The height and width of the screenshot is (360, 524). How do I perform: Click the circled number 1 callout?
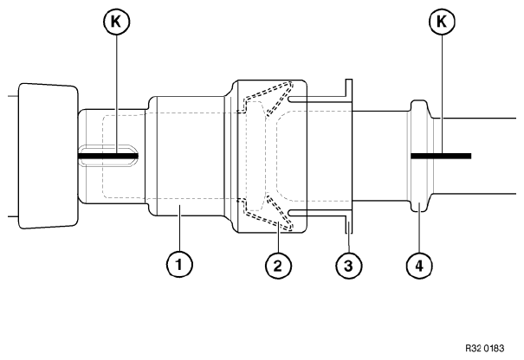click(178, 265)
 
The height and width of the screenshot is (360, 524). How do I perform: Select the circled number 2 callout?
click(277, 265)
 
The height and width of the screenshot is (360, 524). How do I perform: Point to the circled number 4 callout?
click(419, 265)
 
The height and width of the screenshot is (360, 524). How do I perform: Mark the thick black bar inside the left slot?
click(108, 157)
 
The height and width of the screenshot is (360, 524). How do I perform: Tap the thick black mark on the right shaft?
click(441, 157)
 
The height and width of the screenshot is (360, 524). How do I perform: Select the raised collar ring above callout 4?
click(420, 156)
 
